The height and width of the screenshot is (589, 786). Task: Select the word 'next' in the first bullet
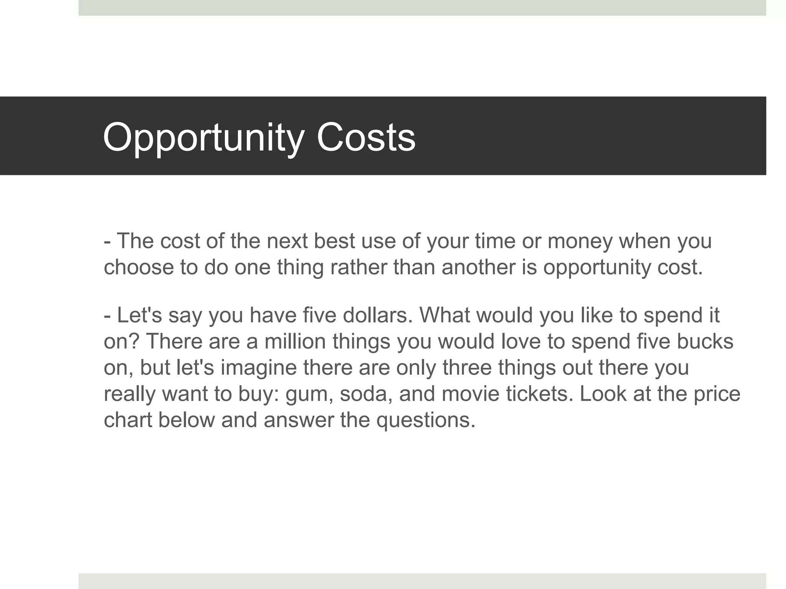coord(287,241)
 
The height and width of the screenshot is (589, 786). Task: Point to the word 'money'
coord(580,241)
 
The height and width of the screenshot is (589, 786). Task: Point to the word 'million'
coord(295,341)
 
